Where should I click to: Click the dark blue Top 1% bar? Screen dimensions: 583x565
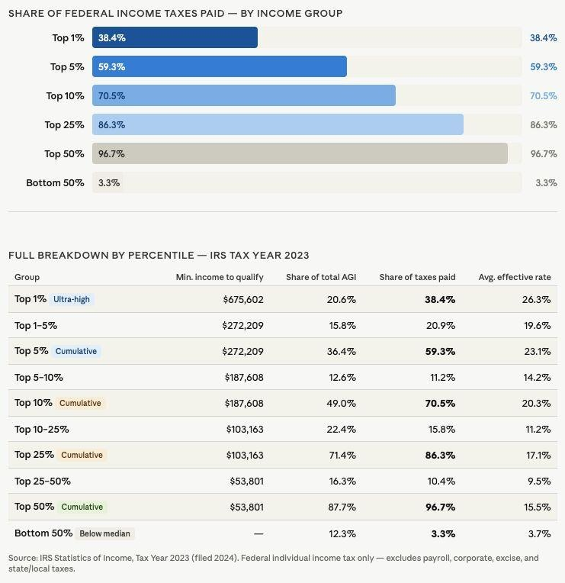point(175,37)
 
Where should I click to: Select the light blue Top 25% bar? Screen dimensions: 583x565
point(278,124)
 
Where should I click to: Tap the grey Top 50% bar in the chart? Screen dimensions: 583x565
point(300,153)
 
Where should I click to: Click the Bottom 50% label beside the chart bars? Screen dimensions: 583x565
point(55,183)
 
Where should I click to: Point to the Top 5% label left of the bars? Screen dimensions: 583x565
point(67,67)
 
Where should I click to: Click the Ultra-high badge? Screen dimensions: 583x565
point(72,300)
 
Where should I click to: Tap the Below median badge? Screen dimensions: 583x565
point(106,533)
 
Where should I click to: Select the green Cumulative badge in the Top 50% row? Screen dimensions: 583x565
point(82,507)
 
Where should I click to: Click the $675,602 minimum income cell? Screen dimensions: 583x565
point(243,300)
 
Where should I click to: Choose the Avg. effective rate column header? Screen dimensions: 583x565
point(514,277)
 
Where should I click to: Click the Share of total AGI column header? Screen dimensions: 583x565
point(321,277)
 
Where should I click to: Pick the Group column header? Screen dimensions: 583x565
point(27,277)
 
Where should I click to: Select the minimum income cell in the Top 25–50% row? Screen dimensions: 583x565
point(246,482)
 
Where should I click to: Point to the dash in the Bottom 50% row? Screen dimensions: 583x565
point(258,533)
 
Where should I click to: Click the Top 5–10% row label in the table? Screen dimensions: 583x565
point(39,378)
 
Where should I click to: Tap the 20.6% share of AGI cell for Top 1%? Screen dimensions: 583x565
point(342,300)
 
